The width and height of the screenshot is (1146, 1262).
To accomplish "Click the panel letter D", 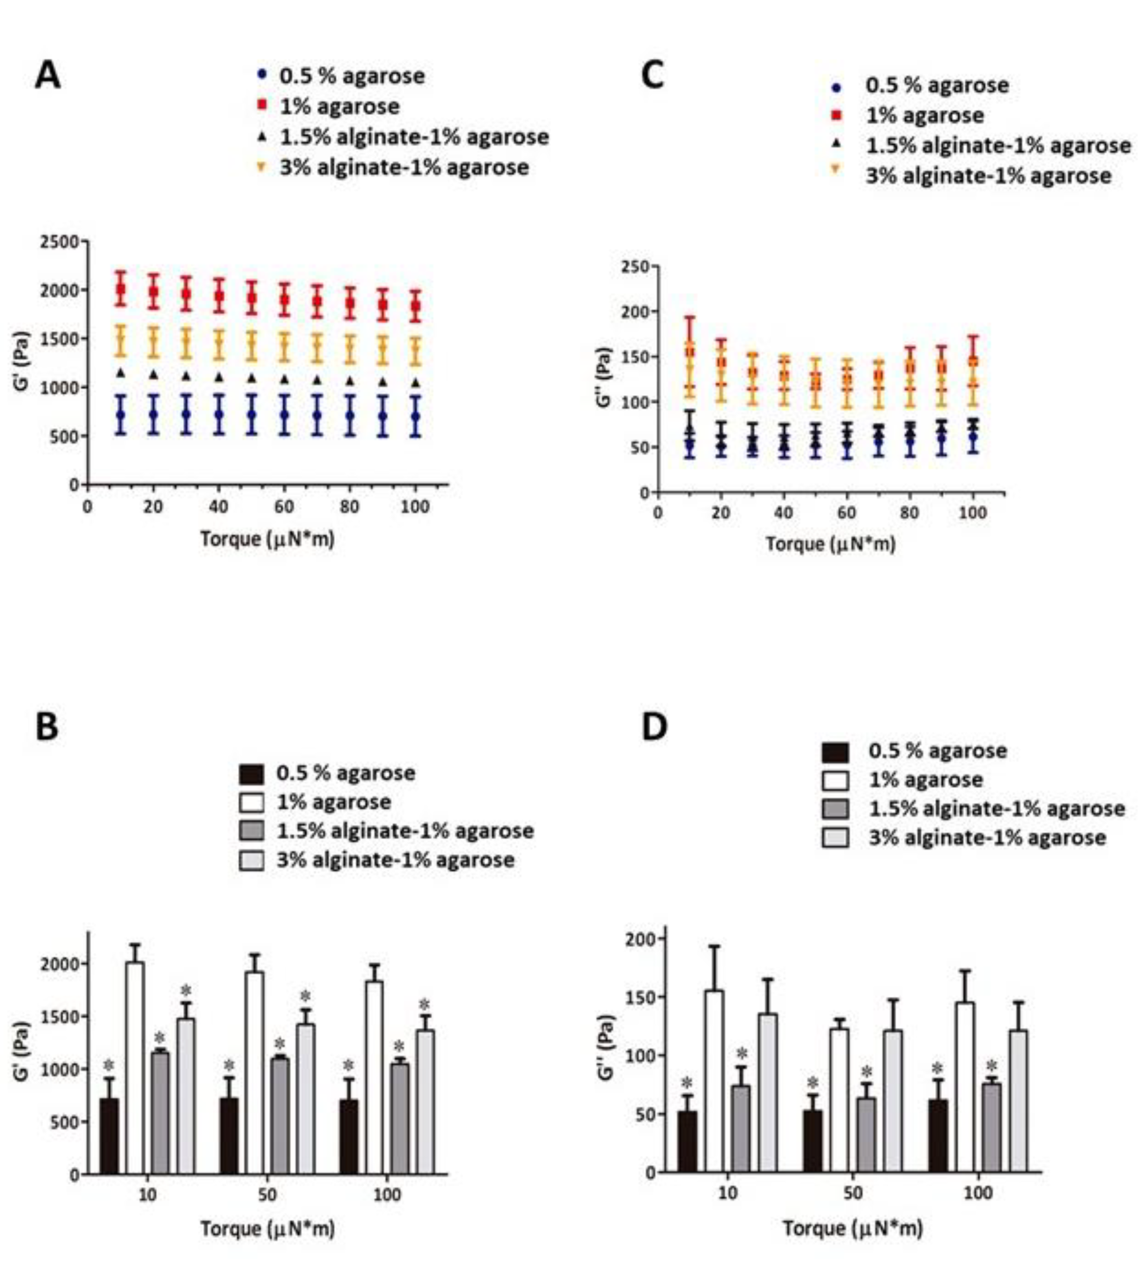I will coord(654,726).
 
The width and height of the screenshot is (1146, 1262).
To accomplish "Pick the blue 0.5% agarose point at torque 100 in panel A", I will coord(415,416).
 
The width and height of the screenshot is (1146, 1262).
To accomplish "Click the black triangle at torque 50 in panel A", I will coord(252,378).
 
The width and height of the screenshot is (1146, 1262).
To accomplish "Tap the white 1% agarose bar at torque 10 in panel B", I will coord(135,1067).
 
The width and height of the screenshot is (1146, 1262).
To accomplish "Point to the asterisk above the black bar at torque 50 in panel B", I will coord(229,1066).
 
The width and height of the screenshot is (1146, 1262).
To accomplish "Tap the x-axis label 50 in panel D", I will coord(853,1193).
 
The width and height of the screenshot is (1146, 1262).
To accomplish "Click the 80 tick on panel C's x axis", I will coord(909,513).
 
